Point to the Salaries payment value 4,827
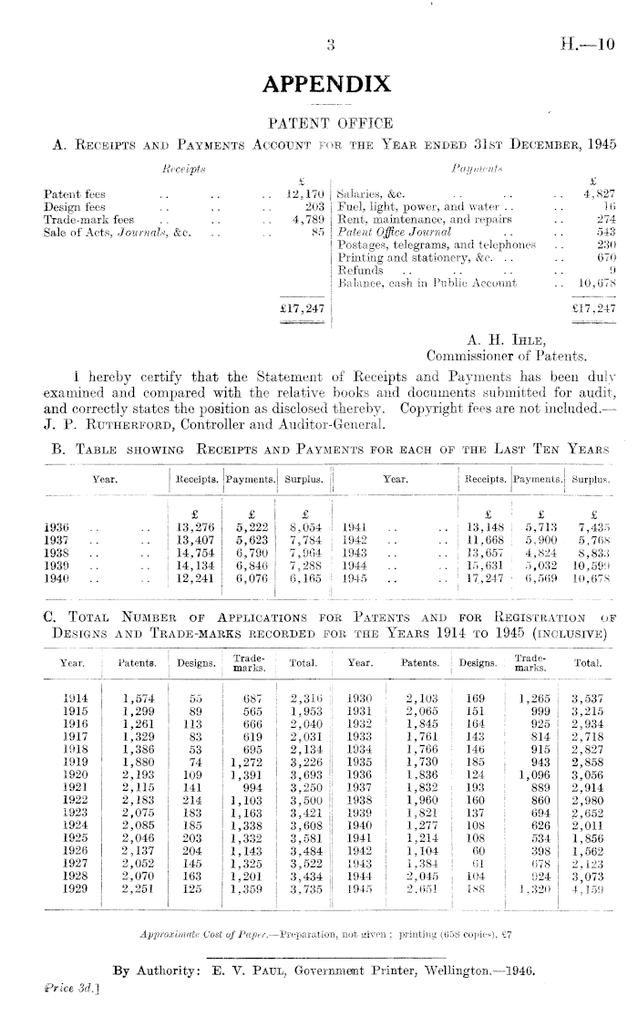(602, 193)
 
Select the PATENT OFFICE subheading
(326, 122)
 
